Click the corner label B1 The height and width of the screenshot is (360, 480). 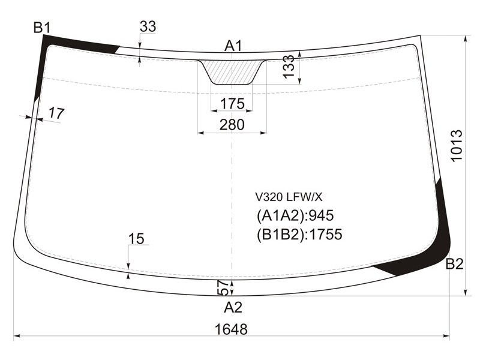coord(41,28)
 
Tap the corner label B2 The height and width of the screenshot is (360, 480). coord(454,264)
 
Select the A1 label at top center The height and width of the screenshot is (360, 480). coord(233,46)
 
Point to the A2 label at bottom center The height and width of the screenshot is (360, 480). coord(233,307)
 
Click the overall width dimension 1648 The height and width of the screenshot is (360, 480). coord(231,329)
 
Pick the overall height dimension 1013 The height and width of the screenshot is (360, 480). coord(456,145)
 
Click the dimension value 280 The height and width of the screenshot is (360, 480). coord(232,125)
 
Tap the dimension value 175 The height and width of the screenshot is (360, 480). coord(232,104)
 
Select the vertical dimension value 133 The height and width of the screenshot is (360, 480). coord(289,67)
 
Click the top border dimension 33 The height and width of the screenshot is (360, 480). coord(148,26)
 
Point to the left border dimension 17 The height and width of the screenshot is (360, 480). coord(56,113)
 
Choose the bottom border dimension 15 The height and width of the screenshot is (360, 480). coord(136,239)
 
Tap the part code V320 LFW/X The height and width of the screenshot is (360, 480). coord(289,197)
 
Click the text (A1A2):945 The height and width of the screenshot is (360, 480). coord(295,216)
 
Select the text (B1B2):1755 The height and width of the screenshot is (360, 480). coord(299,235)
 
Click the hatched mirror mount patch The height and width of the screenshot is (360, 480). coord(232,72)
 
